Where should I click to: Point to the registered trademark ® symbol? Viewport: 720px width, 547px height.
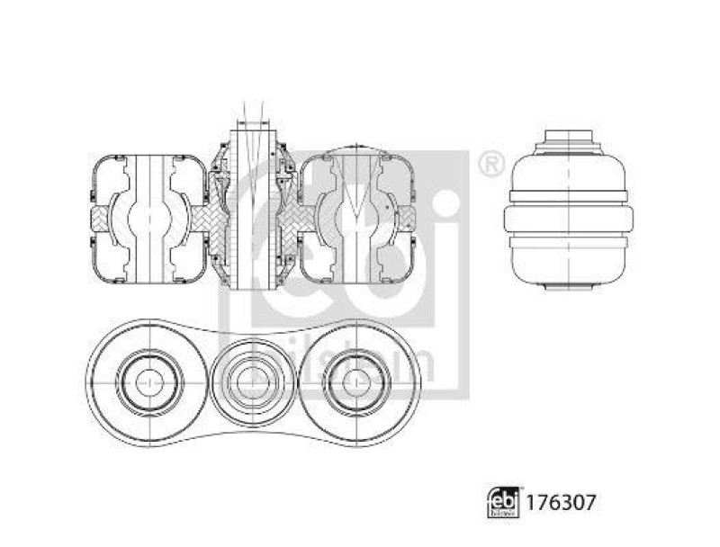coord(490,165)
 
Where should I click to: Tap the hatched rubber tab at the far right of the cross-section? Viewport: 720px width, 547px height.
coord(407,217)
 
